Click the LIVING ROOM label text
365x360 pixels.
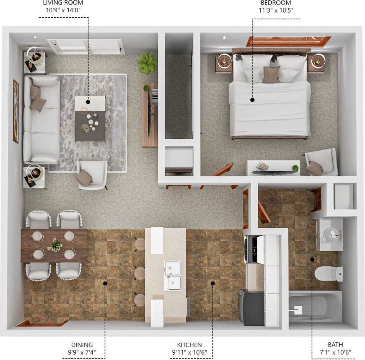[x=63, y=3]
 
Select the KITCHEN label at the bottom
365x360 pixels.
[x=189, y=345]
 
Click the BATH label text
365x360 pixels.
[x=335, y=345]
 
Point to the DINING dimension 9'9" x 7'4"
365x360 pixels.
[x=82, y=352]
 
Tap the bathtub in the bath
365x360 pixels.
[x=315, y=307]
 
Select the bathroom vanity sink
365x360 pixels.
[x=330, y=234]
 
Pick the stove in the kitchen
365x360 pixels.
[x=251, y=250]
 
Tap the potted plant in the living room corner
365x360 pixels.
[x=148, y=63]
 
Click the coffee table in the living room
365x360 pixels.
[x=90, y=119]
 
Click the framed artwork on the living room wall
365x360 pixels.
[x=16, y=111]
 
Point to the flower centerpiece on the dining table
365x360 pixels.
[x=55, y=245]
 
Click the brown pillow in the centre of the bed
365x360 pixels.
[x=271, y=75]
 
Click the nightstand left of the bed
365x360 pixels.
[x=223, y=63]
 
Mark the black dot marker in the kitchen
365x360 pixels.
[x=212, y=283]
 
